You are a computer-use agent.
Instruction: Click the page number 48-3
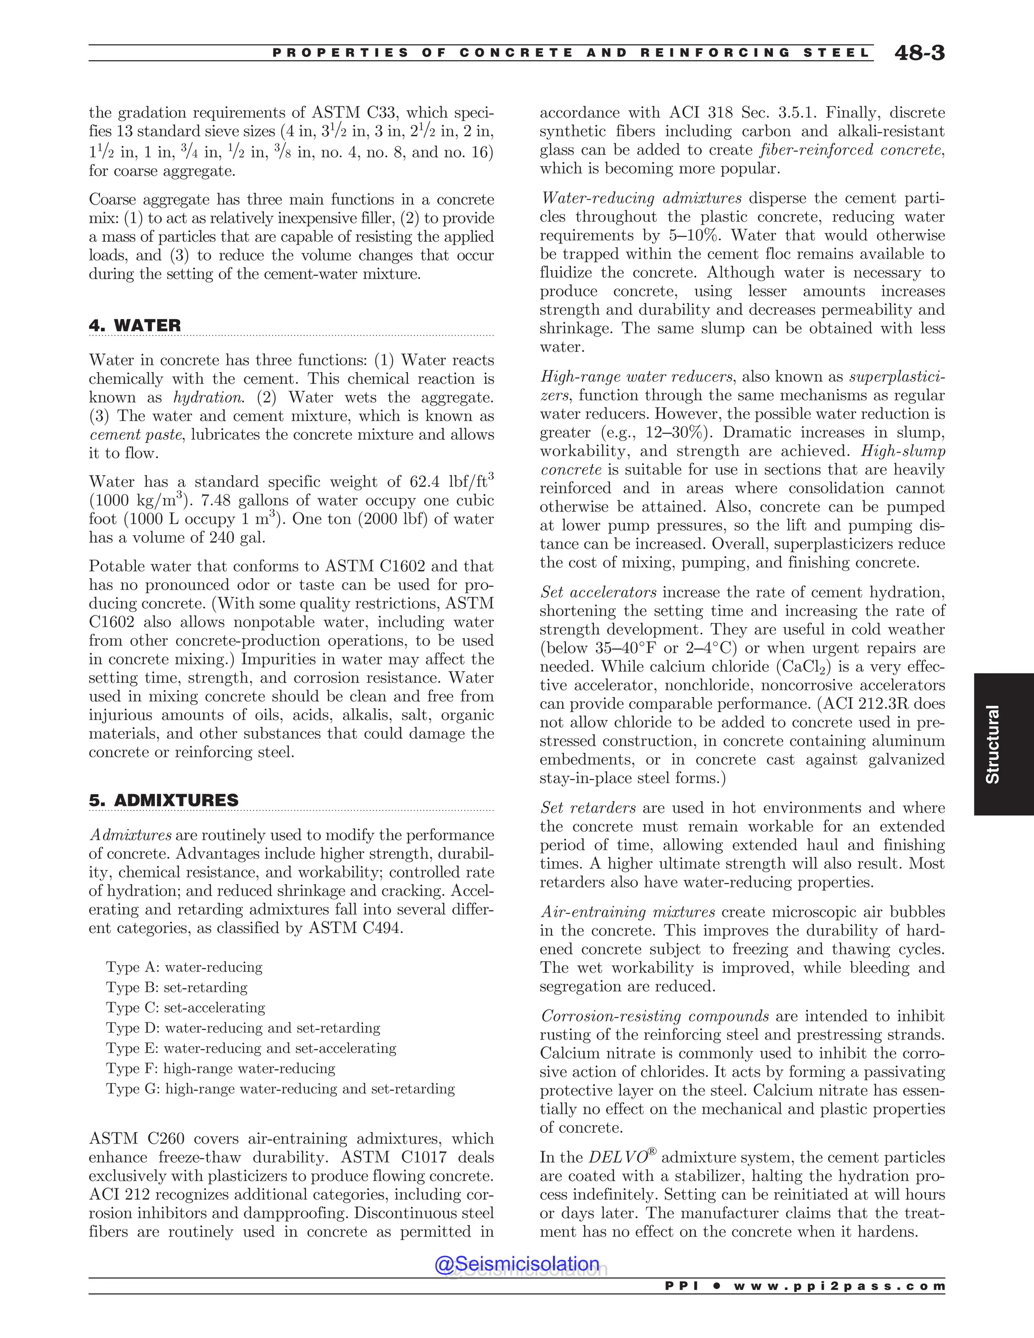pyautogui.click(x=919, y=54)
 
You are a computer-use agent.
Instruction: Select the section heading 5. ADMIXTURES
pyautogui.click(x=164, y=800)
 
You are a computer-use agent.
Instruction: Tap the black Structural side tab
pyautogui.click(x=992, y=744)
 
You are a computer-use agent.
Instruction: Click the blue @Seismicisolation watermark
pyautogui.click(x=516, y=1264)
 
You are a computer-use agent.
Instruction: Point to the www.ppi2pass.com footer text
pyautogui.click(x=839, y=1286)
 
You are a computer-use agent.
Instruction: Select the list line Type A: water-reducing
pyautogui.click(x=184, y=967)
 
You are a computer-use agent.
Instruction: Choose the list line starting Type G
pyautogui.click(x=280, y=1089)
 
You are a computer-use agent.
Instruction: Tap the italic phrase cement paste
pyautogui.click(x=135, y=435)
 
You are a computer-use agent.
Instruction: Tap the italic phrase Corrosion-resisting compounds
pyautogui.click(x=655, y=1016)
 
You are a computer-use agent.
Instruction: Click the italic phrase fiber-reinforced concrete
pyautogui.click(x=851, y=150)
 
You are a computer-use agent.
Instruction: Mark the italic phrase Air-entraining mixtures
pyautogui.click(x=628, y=912)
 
